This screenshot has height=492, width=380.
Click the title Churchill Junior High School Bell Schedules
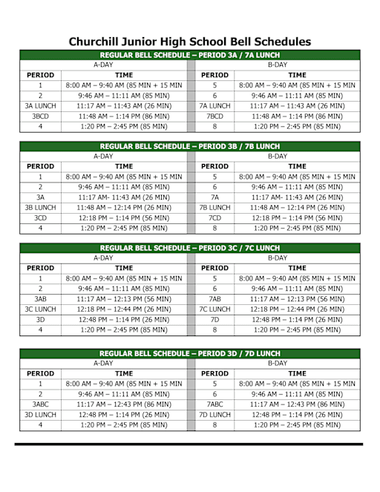tap(190, 42)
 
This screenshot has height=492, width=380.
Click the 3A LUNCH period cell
tap(40, 106)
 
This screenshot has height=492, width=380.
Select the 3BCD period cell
tap(40, 117)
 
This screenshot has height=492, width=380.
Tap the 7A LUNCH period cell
tap(214, 106)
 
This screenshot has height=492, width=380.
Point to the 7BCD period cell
tap(214, 117)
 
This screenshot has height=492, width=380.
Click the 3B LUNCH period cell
tap(40, 208)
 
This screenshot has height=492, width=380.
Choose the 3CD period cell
tap(40, 218)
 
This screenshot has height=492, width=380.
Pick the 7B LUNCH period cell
tap(214, 208)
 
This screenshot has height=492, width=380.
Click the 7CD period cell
tap(214, 218)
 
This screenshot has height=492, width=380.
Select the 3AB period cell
tap(40, 298)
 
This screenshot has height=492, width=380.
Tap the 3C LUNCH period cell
tap(40, 309)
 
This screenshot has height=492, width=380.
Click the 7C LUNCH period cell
tap(214, 309)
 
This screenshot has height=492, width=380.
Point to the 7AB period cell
tap(214, 298)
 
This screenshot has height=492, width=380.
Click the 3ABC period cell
tap(40, 404)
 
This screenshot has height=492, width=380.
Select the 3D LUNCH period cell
tap(40, 415)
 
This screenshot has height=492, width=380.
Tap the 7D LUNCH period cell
tap(214, 415)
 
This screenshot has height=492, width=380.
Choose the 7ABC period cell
tap(214, 404)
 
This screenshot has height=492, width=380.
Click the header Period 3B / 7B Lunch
tap(190, 146)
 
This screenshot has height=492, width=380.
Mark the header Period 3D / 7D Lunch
tap(190, 353)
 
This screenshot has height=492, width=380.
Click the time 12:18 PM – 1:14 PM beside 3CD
tap(124, 218)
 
